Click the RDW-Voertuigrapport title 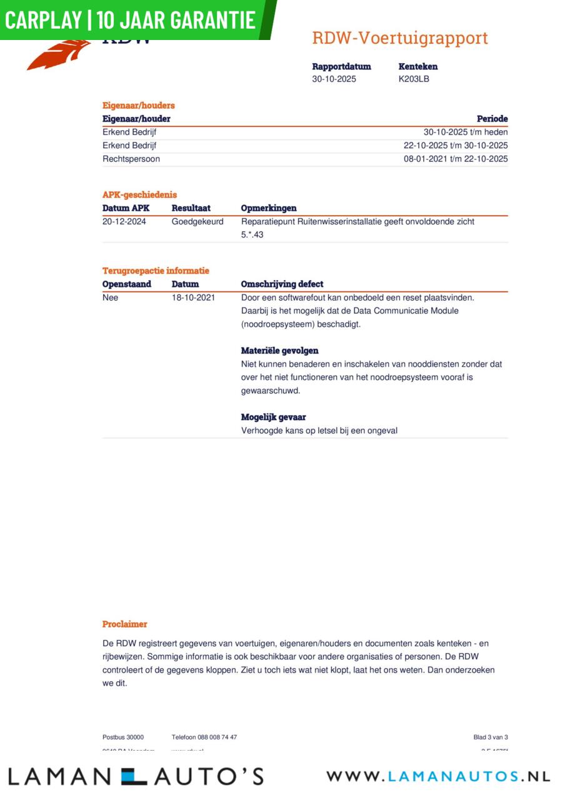point(399,38)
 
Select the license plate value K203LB point(414,79)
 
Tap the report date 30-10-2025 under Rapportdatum point(334,79)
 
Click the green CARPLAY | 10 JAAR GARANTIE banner point(131,20)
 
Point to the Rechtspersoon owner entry point(131,159)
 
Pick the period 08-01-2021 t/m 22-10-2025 point(456,159)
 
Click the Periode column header point(492,119)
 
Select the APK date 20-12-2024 point(124,221)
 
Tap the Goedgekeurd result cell point(197,221)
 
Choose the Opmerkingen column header point(269,208)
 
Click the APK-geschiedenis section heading point(139,195)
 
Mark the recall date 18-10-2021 point(193,297)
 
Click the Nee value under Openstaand point(110,297)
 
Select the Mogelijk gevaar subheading point(273,417)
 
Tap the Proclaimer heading point(125,624)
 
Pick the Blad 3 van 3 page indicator point(491,737)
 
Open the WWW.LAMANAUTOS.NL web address point(438,776)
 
